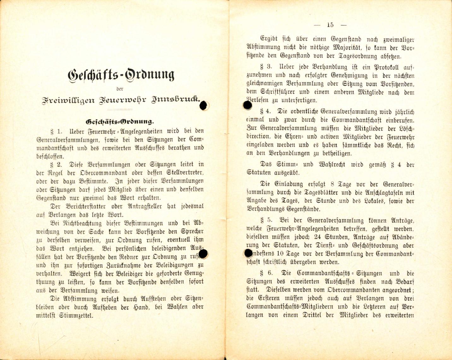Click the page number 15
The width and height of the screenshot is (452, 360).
point(330,25)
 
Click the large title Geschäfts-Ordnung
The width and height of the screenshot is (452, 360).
point(121,75)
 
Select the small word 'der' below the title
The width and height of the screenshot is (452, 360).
point(120,89)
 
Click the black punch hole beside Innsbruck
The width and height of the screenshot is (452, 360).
point(204,105)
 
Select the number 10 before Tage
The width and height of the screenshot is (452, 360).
point(280,254)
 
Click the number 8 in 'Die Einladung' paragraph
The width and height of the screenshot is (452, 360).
point(332,184)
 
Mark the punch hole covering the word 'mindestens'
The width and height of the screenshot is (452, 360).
point(249,253)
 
